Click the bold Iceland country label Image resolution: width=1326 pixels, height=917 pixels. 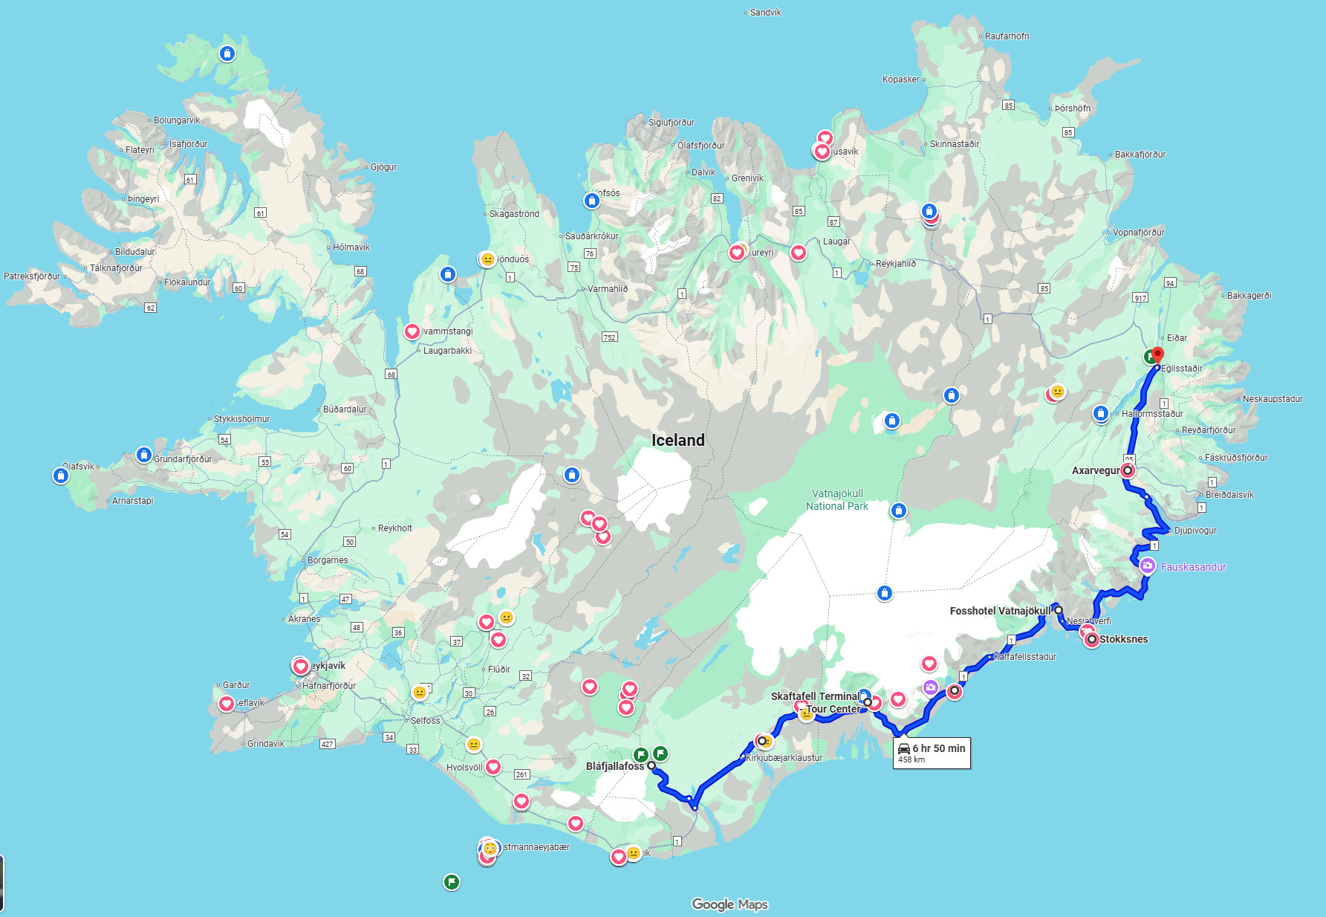(677, 440)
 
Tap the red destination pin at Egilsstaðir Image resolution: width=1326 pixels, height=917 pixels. (1157, 355)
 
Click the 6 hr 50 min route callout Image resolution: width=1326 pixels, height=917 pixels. (932, 753)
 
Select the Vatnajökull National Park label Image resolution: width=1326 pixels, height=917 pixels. (837, 499)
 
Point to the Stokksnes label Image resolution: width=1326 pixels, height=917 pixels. (1123, 639)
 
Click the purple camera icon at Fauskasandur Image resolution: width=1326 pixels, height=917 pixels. (1148, 566)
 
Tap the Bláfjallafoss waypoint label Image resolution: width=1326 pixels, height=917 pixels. (614, 766)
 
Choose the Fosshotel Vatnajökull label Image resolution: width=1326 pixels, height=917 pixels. (1000, 611)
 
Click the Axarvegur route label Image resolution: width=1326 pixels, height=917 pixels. (1095, 470)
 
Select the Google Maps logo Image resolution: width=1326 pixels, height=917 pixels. (729, 904)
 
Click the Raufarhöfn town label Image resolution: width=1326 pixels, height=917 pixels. (1007, 36)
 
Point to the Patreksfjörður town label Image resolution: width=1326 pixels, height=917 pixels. (32, 276)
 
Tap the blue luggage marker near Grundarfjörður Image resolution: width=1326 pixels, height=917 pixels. (144, 455)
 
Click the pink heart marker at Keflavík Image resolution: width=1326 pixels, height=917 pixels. (227, 704)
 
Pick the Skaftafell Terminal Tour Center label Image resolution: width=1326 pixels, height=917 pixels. (815, 702)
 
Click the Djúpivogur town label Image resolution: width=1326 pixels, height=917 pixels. (1195, 531)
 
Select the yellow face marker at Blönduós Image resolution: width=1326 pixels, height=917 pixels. (487, 259)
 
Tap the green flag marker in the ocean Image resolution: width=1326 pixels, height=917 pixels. (451, 882)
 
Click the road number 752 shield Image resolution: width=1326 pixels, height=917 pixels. (609, 337)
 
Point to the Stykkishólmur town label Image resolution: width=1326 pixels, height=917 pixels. (241, 419)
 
